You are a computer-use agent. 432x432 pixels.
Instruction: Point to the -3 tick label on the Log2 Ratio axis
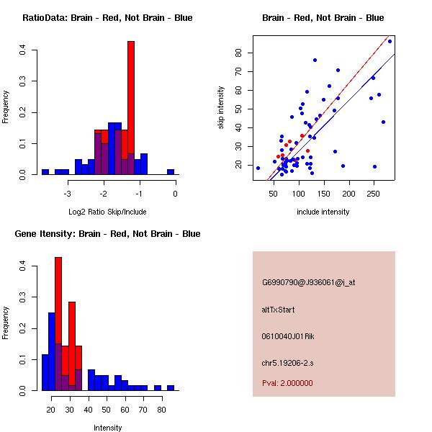tap(67, 193)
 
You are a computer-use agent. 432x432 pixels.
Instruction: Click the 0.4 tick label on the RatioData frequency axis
tap(24, 50)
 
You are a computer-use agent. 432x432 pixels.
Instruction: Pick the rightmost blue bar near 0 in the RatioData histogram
tap(171, 172)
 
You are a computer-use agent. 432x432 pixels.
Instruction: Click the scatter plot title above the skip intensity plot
tap(323, 18)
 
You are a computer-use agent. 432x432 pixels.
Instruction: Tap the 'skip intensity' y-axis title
tap(222, 108)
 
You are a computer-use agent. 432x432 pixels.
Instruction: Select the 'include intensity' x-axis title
tap(323, 212)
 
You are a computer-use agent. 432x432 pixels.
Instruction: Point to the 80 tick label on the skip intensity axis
tap(239, 53)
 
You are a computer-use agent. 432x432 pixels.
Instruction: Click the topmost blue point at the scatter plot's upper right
tap(390, 41)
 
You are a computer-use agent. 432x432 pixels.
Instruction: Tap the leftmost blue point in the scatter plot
tap(258, 168)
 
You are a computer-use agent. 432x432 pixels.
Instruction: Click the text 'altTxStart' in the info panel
tap(278, 310)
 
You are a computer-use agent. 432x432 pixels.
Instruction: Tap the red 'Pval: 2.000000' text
tap(287, 383)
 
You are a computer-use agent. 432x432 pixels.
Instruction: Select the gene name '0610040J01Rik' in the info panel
tap(288, 336)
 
